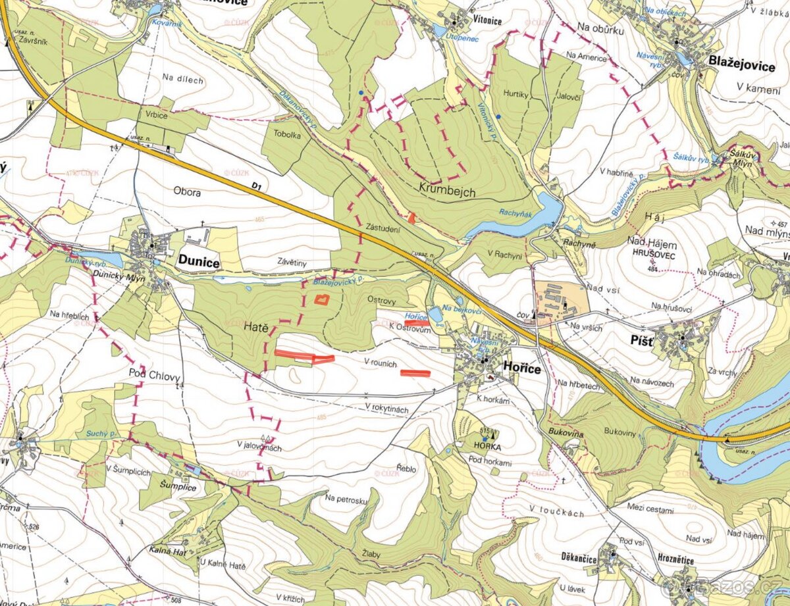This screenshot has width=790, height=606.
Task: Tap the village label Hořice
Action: (522, 369)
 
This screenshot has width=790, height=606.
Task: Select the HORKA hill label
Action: (487, 445)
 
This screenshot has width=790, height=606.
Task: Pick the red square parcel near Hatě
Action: (321, 300)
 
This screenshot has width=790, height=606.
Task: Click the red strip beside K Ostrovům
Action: (416, 323)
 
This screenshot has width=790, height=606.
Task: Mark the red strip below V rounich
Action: (415, 373)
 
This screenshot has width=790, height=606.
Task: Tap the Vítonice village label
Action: (487, 21)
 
